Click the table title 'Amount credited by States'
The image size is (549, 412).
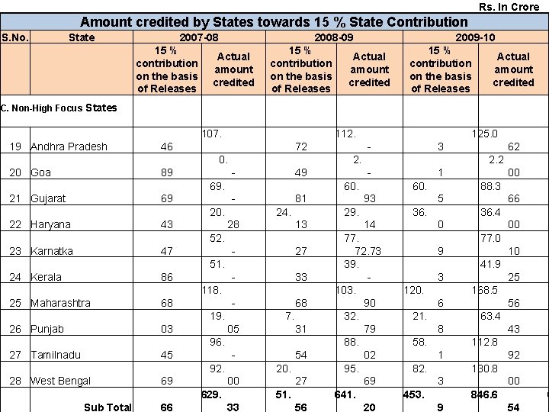click(x=274, y=22)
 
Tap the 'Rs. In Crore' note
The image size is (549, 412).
click(x=509, y=7)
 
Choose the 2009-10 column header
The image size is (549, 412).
click(x=475, y=37)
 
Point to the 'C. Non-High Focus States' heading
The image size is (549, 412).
click(x=59, y=108)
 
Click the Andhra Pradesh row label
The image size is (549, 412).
click(x=69, y=146)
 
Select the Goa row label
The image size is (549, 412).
click(x=41, y=172)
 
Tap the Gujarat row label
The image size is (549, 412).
click(x=48, y=198)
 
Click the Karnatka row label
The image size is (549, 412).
click(x=52, y=251)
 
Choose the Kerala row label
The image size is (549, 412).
click(x=46, y=277)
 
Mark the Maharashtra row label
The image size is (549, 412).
click(x=60, y=303)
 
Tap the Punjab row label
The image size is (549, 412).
click(x=47, y=329)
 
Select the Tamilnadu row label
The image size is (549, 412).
click(x=55, y=355)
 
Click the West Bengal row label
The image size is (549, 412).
click(x=60, y=381)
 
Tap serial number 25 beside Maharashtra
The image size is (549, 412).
click(x=15, y=303)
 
